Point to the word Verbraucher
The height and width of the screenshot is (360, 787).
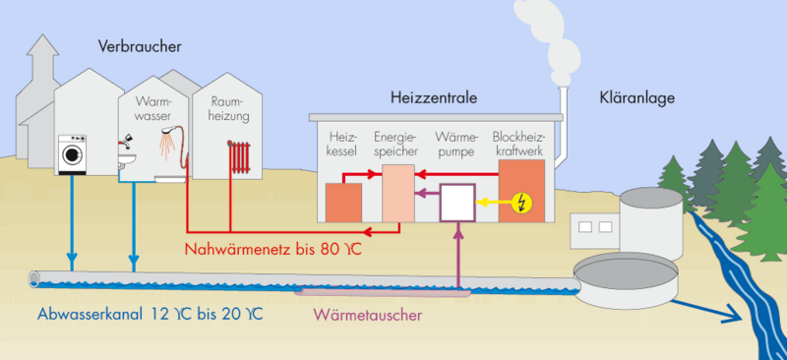(x=140, y=46)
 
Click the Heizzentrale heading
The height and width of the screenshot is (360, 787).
(x=435, y=98)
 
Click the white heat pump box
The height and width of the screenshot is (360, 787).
(x=457, y=203)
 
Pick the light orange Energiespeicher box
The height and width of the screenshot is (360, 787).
(x=396, y=193)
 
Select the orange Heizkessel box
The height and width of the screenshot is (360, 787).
(x=343, y=202)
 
